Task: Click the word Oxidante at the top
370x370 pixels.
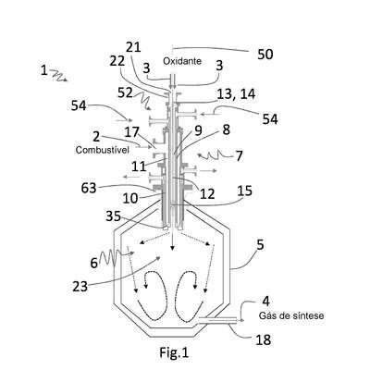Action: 182,61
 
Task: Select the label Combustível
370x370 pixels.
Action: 102,150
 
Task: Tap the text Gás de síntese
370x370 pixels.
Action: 291,315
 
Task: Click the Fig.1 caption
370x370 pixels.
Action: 174,352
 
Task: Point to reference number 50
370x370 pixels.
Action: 265,55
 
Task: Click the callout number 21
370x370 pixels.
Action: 133,47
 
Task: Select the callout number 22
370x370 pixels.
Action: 117,61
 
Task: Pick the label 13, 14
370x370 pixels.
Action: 236,94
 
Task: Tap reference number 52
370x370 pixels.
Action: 125,92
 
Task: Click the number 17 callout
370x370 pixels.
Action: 132,132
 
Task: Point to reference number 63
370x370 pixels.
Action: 89,188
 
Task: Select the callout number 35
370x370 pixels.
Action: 113,216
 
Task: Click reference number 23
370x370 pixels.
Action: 80,287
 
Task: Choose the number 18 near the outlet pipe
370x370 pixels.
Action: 264,340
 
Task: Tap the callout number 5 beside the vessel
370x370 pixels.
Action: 260,245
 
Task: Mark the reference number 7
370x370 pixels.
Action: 239,156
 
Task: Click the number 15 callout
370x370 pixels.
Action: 245,191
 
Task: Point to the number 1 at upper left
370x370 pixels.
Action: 44,70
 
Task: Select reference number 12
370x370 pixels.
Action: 207,193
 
